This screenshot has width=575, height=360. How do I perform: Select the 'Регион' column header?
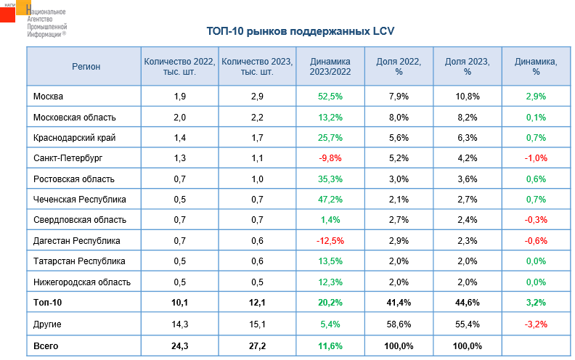click(86, 67)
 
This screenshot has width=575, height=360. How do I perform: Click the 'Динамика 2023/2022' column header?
click(330, 67)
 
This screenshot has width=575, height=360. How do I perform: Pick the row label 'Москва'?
click(49, 97)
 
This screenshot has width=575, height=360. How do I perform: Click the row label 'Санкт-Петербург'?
click(69, 158)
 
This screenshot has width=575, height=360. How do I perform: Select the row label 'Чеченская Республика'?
click(80, 199)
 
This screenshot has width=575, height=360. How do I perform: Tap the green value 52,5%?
click(330, 97)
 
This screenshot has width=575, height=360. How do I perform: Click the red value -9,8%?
click(330, 158)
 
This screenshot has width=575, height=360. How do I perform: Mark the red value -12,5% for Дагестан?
click(330, 240)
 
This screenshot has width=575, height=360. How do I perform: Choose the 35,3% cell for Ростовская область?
click(330, 179)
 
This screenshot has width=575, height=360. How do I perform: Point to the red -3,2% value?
click(536, 324)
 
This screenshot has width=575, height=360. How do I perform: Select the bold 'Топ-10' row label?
click(49, 303)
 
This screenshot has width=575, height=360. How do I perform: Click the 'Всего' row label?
click(46, 346)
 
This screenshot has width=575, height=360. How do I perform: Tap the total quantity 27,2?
click(257, 346)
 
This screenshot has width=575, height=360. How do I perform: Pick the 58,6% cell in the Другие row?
click(399, 324)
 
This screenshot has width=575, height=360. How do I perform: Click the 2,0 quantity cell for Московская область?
click(180, 117)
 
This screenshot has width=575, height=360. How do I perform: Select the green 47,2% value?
click(330, 199)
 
